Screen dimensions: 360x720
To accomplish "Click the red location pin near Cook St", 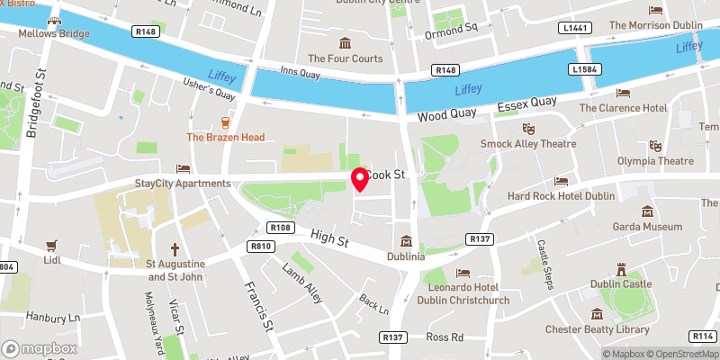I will (360, 178).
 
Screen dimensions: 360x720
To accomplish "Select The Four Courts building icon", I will (344, 43).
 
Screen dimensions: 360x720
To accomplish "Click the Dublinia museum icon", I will (407, 241).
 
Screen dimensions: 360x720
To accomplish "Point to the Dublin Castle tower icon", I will (621, 269).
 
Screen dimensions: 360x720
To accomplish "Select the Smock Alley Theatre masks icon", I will (528, 129).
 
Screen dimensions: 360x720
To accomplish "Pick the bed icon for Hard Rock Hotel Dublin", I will (562, 182).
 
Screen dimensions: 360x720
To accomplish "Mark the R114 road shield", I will (702, 336).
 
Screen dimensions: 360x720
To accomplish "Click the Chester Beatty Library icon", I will (597, 314).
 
